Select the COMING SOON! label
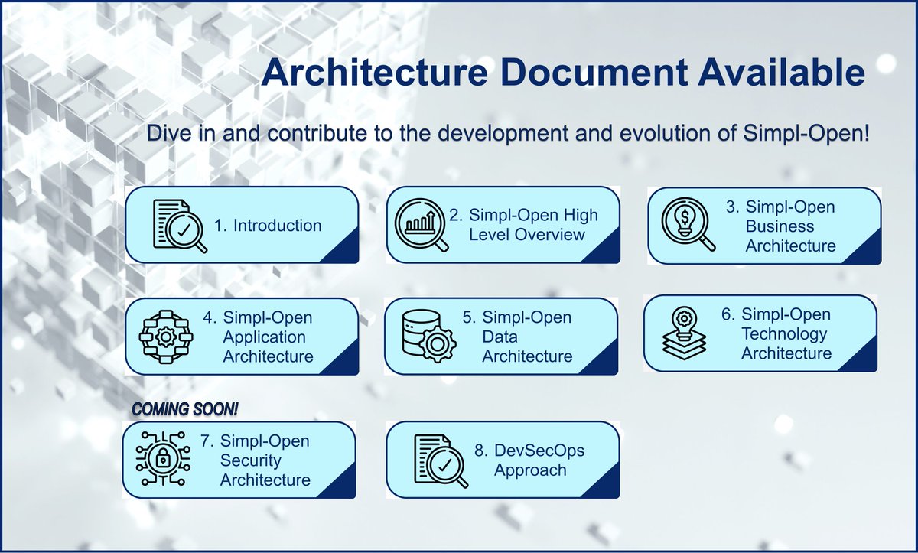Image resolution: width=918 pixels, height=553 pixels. point(185,408)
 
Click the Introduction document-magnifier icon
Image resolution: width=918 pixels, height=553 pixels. point(180,226)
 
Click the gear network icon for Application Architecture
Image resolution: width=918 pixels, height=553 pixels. point(168,337)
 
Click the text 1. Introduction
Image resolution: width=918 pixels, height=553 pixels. point(268,226)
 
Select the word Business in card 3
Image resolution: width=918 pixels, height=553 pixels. point(780,226)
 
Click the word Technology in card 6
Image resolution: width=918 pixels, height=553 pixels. point(784,334)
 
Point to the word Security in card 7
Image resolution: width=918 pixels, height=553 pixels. point(251,460)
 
